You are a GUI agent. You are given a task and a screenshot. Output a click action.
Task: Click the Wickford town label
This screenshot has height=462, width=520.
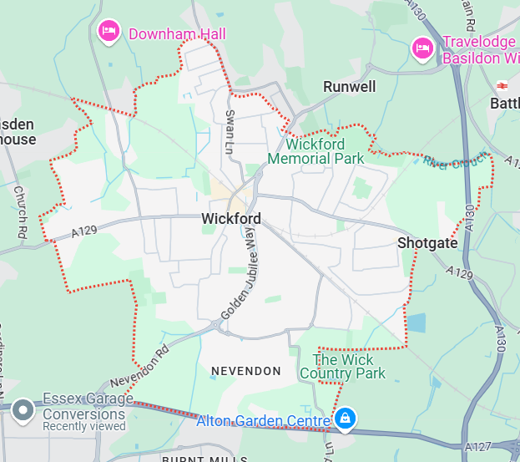(x=231, y=219)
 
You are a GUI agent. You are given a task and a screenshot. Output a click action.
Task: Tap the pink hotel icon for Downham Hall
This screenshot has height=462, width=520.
(x=109, y=33)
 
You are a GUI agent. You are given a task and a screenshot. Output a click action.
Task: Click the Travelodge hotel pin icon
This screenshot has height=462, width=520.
(x=422, y=49)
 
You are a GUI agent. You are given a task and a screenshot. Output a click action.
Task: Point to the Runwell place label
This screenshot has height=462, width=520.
(x=350, y=87)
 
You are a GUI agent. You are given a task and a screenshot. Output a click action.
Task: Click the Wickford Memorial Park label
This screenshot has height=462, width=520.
(x=316, y=151)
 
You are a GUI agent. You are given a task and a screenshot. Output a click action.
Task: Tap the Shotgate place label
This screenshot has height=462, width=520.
(x=427, y=242)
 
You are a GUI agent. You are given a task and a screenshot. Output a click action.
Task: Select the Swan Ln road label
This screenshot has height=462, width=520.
(x=230, y=132)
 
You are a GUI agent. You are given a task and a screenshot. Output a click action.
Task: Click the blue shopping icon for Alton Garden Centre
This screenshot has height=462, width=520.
(x=344, y=417)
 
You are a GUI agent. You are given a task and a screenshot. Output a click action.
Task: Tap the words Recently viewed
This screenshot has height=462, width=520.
(x=83, y=426)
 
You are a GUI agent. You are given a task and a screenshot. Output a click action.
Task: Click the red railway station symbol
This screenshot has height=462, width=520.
(x=502, y=86)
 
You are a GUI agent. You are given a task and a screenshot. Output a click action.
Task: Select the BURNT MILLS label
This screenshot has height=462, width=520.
(x=204, y=458)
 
